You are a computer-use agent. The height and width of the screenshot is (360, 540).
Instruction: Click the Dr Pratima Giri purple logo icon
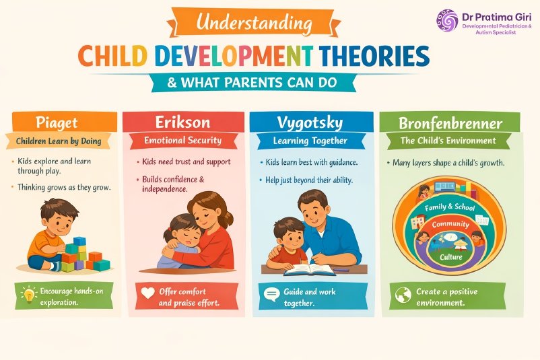(446, 20)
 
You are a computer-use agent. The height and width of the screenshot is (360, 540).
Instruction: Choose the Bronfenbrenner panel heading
(449, 123)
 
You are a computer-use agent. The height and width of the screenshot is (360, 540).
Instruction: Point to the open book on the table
(310, 269)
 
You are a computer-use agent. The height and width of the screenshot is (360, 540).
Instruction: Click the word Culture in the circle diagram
(450, 258)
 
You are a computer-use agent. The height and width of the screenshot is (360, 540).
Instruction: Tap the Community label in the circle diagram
(450, 224)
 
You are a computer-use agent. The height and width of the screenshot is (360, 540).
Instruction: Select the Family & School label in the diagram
(450, 208)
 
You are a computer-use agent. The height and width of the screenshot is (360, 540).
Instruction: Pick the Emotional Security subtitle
(183, 141)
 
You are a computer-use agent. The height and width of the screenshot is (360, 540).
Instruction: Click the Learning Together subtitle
(310, 141)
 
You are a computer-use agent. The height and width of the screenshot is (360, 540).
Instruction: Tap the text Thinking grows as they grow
(65, 187)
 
